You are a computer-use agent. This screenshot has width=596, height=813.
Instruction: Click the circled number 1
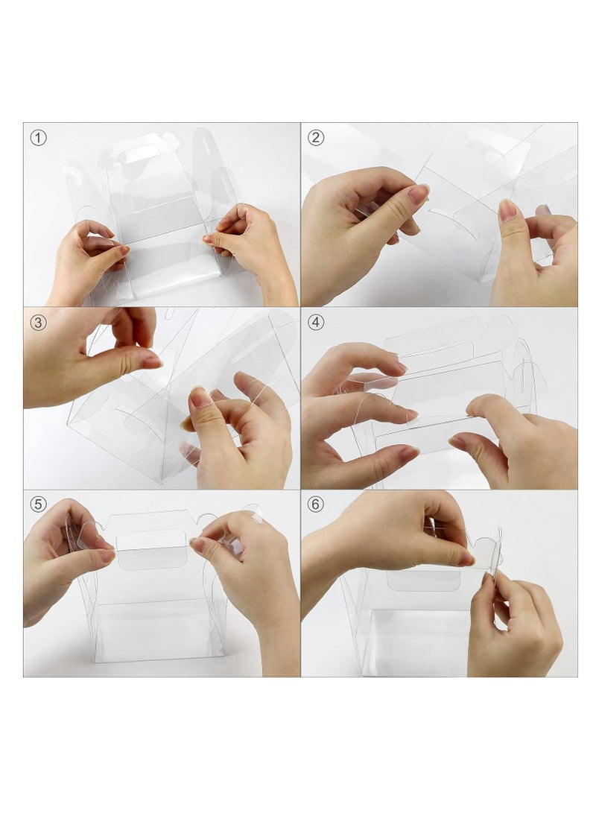point(38,138)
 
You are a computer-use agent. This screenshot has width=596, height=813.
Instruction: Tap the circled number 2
point(316,138)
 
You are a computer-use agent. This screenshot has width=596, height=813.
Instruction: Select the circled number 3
point(38,322)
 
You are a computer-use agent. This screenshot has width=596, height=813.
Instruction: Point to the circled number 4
point(316,322)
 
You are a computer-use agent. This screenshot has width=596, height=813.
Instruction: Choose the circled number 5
point(38,504)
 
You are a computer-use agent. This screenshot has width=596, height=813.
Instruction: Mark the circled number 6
point(316,504)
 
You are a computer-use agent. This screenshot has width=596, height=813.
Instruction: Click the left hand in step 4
point(350,417)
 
